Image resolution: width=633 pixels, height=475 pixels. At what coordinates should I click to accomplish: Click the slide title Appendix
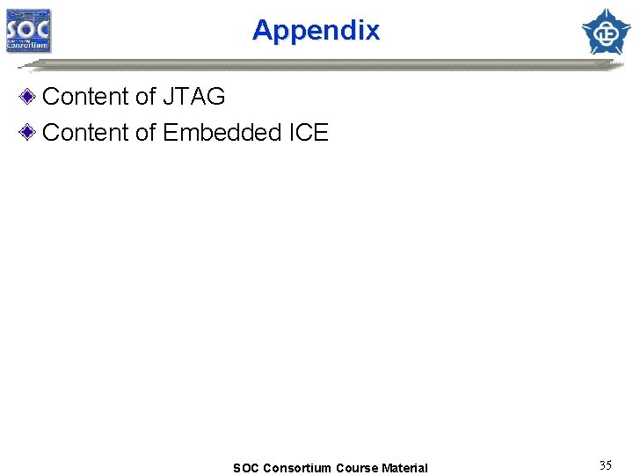click(316, 31)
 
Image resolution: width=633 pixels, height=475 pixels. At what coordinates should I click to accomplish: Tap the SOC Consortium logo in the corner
click(29, 32)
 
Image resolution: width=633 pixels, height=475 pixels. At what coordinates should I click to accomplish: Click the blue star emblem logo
click(606, 32)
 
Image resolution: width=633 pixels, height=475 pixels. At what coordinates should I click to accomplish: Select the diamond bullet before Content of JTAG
click(29, 96)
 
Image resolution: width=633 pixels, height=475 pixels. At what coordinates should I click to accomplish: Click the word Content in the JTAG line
click(84, 96)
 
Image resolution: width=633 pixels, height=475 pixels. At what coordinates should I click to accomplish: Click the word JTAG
click(194, 96)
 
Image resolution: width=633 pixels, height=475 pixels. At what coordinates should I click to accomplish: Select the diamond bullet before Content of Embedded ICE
click(29, 133)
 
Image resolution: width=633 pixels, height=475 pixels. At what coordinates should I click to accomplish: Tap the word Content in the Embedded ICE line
click(84, 133)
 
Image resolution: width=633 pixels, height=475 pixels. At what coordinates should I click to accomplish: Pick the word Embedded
click(222, 133)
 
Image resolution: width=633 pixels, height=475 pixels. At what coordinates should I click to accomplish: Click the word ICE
click(309, 133)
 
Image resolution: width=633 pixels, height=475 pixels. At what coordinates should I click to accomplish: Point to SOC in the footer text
click(246, 468)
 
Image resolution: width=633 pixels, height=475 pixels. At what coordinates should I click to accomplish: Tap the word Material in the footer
click(405, 468)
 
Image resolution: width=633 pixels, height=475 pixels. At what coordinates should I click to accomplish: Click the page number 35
click(605, 465)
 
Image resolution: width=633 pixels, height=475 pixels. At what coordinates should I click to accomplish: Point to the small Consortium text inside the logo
click(30, 46)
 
